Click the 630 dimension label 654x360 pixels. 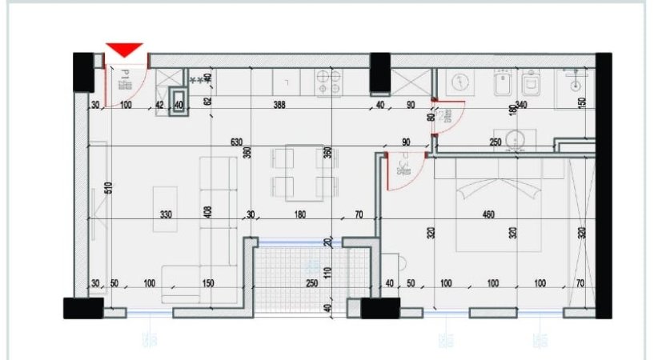[236, 142]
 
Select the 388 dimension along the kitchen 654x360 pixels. [279, 105]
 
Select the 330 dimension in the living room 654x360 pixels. [167, 214]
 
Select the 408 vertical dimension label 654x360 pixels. [207, 212]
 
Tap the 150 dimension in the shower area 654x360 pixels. [582, 102]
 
